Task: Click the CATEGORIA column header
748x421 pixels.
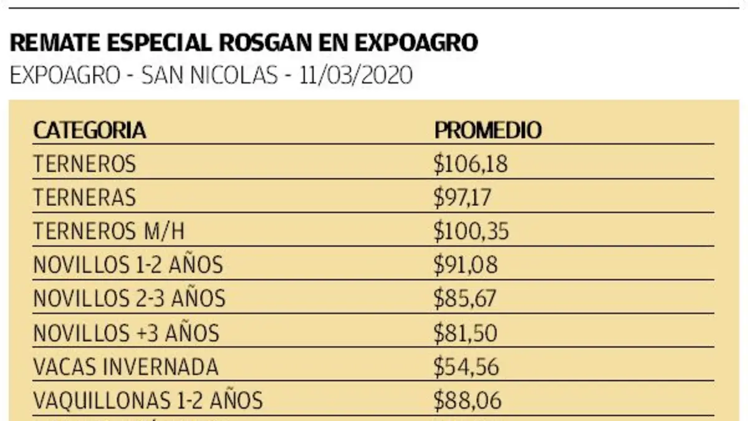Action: click(89, 130)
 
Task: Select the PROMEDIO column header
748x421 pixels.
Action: click(488, 130)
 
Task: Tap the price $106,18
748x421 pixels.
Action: click(471, 164)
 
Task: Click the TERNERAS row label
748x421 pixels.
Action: click(84, 198)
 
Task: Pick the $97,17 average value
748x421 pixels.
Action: click(463, 198)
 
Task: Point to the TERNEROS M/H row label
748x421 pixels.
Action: click(109, 231)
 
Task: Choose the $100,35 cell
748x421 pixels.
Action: click(471, 231)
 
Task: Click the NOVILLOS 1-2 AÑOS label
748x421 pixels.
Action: click(128, 265)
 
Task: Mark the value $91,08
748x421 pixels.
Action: click(466, 265)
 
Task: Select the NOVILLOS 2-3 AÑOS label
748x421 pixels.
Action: click(129, 299)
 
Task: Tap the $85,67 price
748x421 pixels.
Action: click(465, 299)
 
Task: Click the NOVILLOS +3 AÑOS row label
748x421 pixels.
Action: click(126, 333)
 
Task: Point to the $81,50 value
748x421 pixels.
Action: click(466, 333)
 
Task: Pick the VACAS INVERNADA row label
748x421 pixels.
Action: click(126, 367)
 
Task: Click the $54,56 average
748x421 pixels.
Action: click(466, 367)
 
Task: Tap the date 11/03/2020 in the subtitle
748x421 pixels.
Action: click(355, 75)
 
